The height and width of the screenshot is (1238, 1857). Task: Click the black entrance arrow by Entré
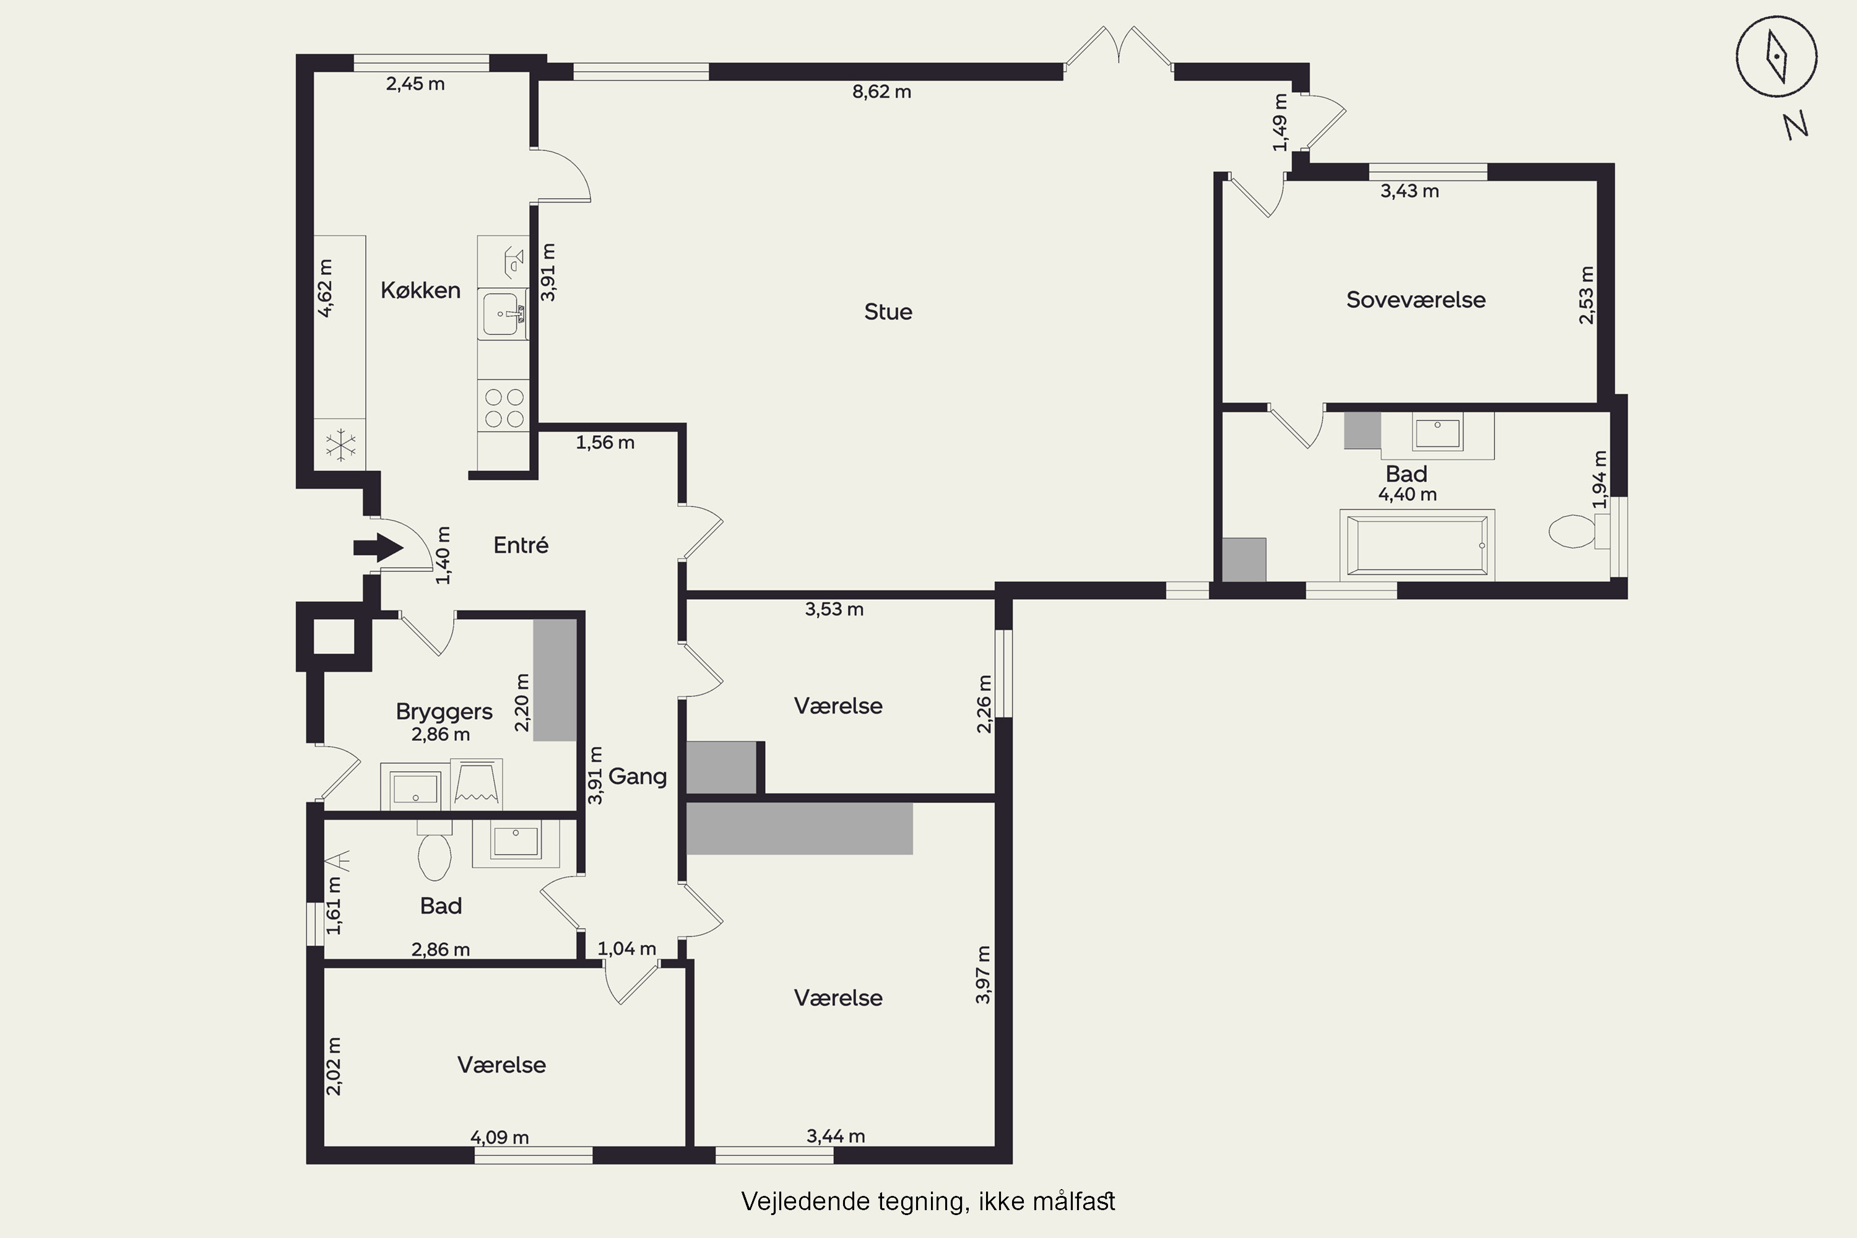[378, 547]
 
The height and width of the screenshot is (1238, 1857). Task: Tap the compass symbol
[1777, 57]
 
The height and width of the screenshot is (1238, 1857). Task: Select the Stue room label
[888, 312]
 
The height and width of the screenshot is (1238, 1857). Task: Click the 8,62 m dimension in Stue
[882, 92]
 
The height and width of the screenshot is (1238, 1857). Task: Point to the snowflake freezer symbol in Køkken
[340, 445]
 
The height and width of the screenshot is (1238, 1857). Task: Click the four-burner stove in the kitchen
[504, 407]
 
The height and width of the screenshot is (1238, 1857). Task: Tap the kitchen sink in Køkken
[503, 314]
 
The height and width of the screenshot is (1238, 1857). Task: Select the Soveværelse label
[1416, 300]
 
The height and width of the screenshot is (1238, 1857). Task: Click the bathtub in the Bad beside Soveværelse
[1418, 545]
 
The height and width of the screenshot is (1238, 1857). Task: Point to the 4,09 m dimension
[499, 1137]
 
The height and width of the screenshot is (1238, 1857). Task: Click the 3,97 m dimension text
[983, 974]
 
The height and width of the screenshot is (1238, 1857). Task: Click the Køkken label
[420, 290]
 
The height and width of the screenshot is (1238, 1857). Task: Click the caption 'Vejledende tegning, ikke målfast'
[928, 1201]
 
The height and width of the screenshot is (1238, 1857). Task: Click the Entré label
[521, 545]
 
